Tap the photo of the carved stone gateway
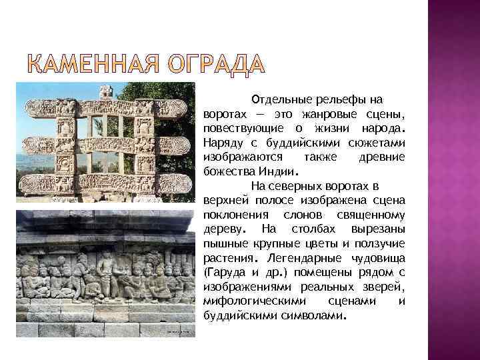(105, 141)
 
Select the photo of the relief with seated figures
(105, 273)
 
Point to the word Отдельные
(279, 99)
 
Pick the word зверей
(386, 287)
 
